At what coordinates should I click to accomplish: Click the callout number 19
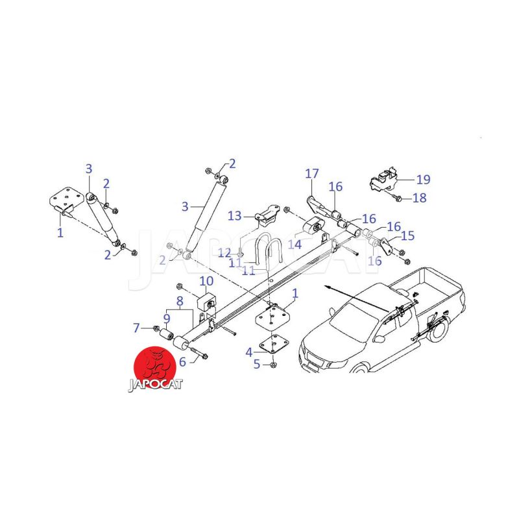tap(423, 180)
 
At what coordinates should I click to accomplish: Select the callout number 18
tap(419, 198)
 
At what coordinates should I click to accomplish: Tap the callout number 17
tap(312, 173)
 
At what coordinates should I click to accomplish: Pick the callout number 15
tap(407, 235)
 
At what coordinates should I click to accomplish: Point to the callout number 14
tap(295, 245)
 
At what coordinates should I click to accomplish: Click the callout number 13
tap(235, 216)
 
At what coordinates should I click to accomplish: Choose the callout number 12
tap(224, 253)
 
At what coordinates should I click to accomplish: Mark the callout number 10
tap(206, 281)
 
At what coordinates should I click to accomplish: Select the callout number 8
tap(180, 301)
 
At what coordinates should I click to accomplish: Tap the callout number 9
tap(167, 319)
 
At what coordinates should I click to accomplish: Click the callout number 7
tap(136, 328)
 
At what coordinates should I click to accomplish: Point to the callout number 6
tap(182, 362)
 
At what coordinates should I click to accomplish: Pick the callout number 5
tap(257, 364)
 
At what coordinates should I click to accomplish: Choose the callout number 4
tap(249, 352)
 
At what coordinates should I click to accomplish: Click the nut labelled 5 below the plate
tap(273, 365)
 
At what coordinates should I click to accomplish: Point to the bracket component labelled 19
tap(384, 180)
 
